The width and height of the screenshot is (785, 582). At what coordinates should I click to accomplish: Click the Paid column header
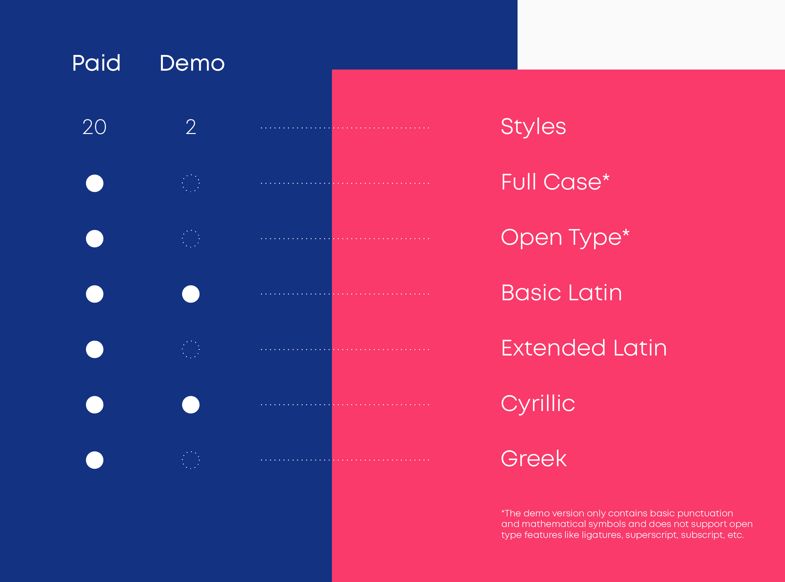96,63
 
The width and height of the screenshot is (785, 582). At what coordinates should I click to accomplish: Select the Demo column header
192,63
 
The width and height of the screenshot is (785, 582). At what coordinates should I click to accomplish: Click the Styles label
534,127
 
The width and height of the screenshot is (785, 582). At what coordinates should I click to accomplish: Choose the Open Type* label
565,238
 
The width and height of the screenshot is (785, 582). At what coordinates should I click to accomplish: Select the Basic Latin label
562,292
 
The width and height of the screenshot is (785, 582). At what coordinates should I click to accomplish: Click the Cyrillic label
538,404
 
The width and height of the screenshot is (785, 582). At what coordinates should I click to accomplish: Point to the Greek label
534,458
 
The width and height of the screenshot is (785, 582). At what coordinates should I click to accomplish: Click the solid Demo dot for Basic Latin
191,294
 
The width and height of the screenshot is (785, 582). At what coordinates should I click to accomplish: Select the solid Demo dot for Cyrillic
191,405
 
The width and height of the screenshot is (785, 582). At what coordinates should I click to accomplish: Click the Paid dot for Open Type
94,239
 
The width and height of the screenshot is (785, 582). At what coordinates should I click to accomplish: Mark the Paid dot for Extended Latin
94,349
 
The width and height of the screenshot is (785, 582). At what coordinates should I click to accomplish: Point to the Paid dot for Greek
94,460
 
